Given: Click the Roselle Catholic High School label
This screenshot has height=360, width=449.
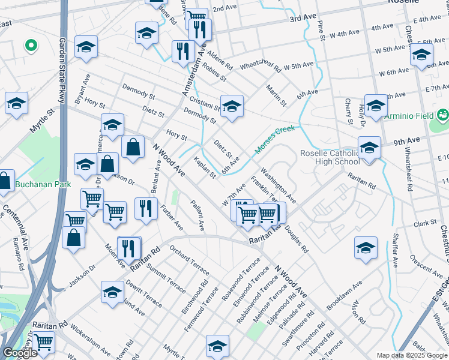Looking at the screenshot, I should click(330, 157).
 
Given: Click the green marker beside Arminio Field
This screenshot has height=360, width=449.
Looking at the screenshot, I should click(443, 114).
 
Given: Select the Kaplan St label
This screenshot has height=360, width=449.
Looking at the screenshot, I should click(205, 167).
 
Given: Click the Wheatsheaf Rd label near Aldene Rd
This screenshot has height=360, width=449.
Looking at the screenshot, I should click(261, 67).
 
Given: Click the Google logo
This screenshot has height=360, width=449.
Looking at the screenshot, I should click(20, 353).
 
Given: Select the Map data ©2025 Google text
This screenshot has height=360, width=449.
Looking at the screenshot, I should click(412, 355).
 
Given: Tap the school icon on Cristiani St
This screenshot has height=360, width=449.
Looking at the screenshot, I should click(232, 106).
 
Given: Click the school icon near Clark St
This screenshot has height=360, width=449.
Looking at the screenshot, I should click(366, 248).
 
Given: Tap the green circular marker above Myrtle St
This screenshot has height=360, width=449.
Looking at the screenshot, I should click(30, 45).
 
